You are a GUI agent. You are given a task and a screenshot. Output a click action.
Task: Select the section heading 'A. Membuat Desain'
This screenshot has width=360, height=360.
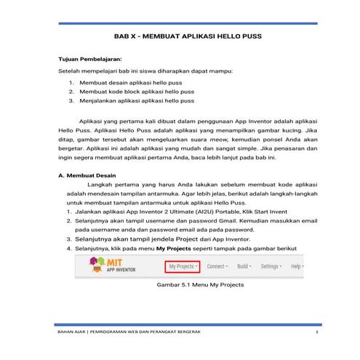click(86, 176)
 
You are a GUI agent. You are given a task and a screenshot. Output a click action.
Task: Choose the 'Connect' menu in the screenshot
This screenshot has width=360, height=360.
click(220, 267)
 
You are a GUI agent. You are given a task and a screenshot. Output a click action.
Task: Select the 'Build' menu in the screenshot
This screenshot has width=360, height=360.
click(244, 267)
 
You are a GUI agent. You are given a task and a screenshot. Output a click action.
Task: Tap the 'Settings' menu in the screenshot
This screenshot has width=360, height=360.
click(272, 267)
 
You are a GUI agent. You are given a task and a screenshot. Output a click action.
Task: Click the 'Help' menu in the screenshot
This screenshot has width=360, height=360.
click(297, 267)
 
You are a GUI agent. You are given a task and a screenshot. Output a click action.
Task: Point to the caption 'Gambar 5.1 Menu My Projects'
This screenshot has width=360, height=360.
click(195, 285)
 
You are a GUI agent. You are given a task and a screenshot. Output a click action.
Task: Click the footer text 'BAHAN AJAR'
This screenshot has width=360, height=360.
click(72, 332)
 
